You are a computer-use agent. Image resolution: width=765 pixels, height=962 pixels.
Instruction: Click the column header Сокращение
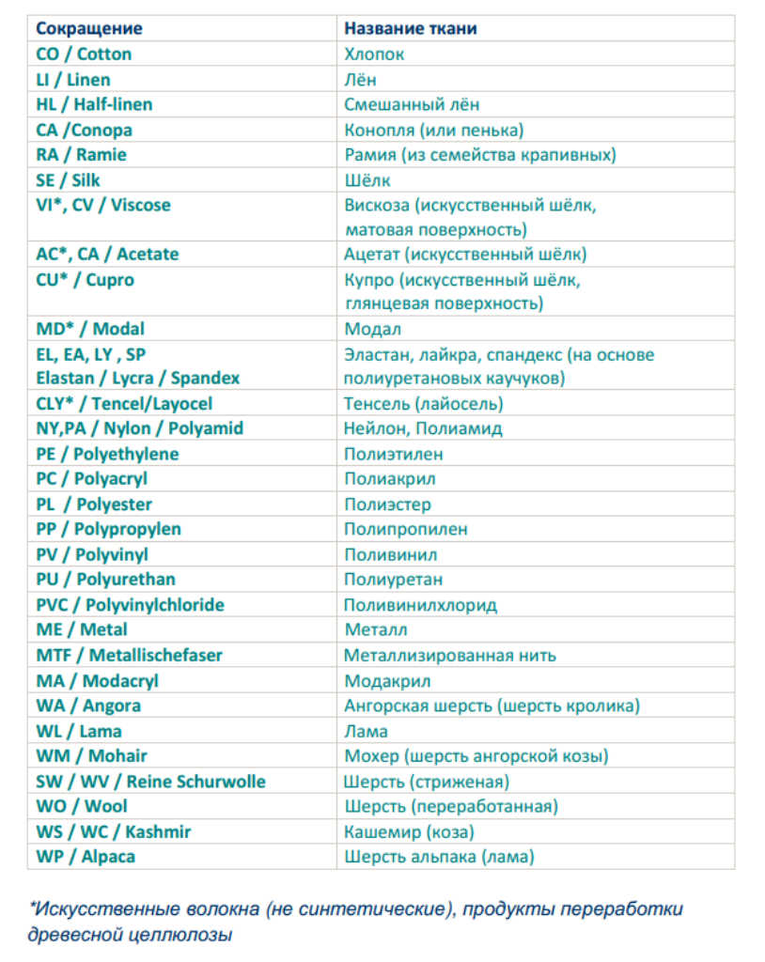(89, 28)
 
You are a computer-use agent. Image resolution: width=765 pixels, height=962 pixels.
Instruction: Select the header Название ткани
(411, 28)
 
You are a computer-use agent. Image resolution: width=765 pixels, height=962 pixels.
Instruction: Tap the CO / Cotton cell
(84, 54)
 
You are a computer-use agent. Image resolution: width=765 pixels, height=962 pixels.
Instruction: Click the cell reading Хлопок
(374, 54)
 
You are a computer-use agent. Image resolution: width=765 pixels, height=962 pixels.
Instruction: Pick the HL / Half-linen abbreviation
(94, 104)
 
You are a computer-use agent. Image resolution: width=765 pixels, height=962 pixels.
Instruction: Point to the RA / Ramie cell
(81, 154)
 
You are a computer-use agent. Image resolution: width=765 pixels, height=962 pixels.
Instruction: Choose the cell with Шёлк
(367, 179)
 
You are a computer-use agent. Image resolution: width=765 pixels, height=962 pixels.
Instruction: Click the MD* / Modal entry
(90, 329)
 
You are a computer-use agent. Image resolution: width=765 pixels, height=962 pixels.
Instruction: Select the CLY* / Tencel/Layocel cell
(124, 403)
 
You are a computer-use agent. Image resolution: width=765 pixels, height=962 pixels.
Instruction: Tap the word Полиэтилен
(393, 454)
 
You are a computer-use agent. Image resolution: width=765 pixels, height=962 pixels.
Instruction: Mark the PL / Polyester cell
(94, 504)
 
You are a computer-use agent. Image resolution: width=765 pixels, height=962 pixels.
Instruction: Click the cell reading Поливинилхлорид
(420, 605)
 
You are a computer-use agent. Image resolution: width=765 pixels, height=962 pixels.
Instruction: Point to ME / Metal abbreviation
(82, 629)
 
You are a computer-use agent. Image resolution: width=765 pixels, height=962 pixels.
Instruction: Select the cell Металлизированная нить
(450, 655)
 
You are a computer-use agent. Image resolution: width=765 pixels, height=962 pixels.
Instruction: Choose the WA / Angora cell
(88, 706)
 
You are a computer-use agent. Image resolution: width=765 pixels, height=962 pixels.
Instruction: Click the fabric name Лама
(366, 731)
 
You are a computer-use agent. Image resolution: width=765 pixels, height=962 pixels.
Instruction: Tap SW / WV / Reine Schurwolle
(150, 782)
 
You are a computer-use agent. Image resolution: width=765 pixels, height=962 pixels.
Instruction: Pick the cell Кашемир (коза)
(409, 831)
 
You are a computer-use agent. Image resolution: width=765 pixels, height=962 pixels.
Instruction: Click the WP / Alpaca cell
(86, 857)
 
